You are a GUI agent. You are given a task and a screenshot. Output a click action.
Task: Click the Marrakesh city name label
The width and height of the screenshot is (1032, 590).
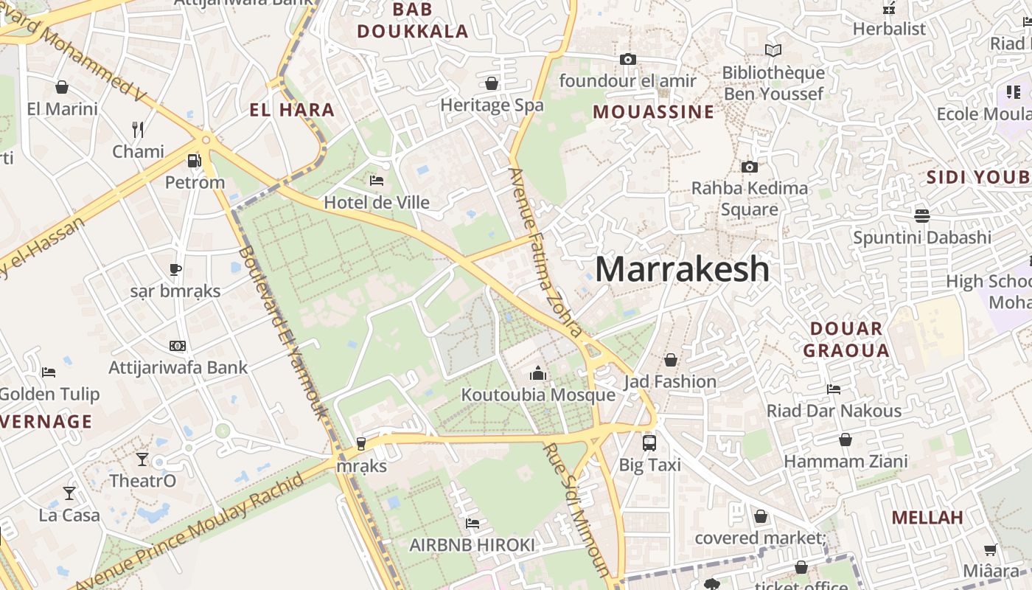tap(682, 269)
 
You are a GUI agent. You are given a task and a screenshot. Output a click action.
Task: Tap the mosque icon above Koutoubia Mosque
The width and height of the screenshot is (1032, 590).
tap(538, 374)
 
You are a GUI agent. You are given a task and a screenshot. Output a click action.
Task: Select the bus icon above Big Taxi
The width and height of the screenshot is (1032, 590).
tap(649, 443)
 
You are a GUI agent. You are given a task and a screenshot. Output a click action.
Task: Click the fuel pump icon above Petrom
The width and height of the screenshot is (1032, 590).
tap(195, 160)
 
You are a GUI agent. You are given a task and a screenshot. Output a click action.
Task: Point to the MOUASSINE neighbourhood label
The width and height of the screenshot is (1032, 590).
tap(654, 112)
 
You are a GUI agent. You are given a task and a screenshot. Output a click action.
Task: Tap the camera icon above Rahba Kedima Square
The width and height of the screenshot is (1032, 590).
tap(749, 167)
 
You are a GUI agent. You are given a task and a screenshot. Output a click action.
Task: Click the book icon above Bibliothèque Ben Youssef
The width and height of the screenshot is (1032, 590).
tap(773, 51)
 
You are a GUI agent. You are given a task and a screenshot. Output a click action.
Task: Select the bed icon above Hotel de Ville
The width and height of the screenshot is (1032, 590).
tap(377, 181)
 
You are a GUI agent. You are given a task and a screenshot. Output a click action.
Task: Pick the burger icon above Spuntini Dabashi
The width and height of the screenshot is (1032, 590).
tap(921, 215)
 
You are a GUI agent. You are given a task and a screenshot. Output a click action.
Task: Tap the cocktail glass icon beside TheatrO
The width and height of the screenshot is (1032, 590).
tap(142, 459)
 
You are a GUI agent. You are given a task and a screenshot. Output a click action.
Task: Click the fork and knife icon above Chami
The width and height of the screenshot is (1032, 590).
tap(138, 130)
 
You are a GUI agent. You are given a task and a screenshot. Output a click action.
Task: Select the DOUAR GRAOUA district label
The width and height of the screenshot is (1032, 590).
tap(846, 339)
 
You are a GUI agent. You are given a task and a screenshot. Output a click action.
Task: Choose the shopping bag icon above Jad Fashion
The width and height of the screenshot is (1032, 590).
tap(671, 360)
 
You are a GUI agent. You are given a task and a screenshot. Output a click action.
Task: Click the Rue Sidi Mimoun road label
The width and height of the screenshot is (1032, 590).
tap(577, 509)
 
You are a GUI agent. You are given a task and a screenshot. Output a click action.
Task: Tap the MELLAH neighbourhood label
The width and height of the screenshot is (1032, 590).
tap(927, 517)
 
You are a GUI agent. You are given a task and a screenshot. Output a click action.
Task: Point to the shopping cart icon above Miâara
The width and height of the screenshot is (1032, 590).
tap(990, 549)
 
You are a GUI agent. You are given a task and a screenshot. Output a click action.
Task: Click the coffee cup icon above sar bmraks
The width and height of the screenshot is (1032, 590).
tap(175, 269)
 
